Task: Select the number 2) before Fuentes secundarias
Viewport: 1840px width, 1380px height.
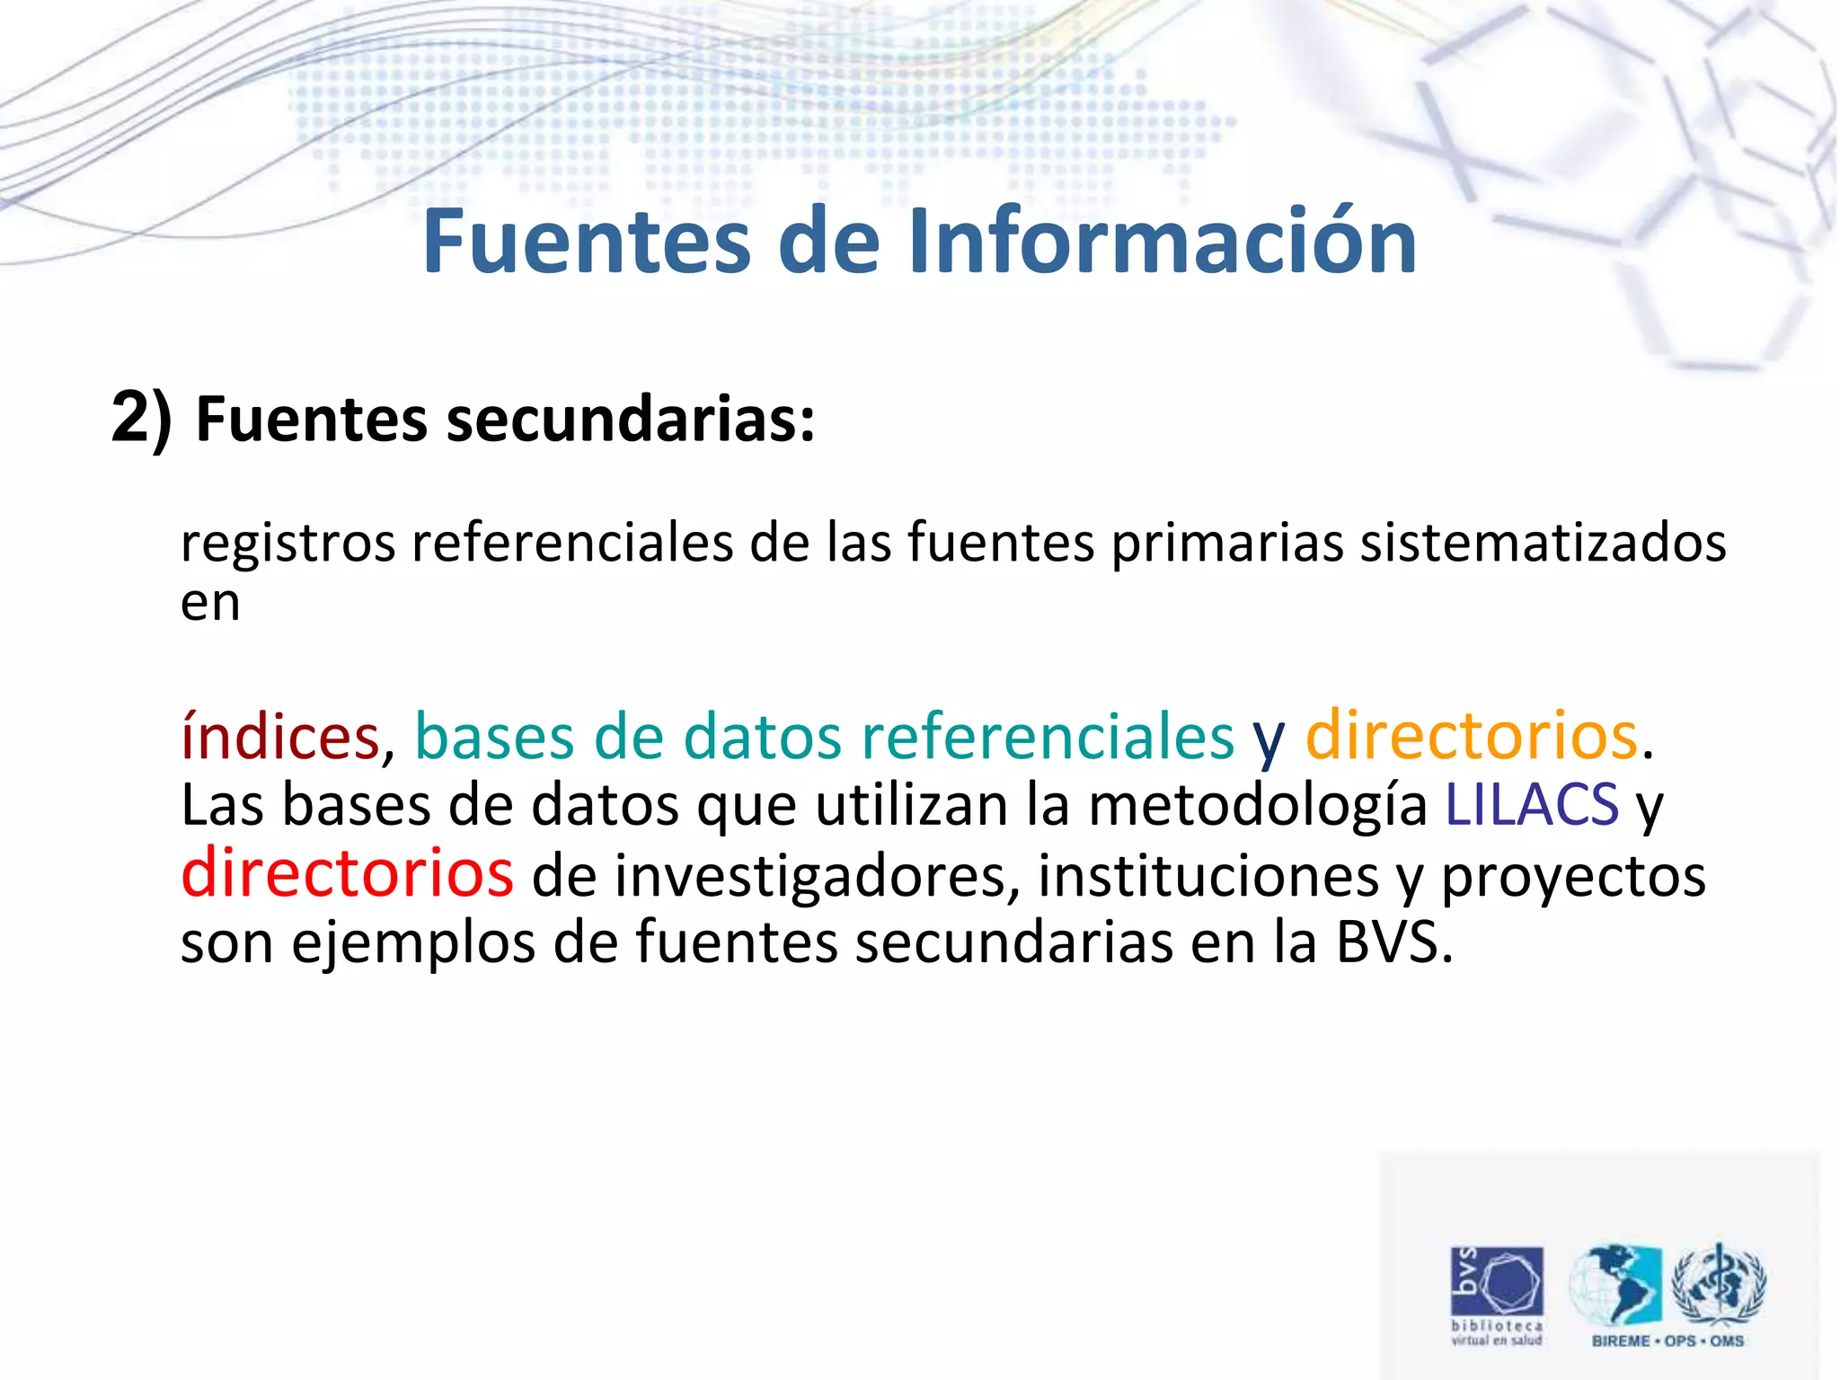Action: pos(141,419)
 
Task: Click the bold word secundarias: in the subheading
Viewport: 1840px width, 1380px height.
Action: pos(631,420)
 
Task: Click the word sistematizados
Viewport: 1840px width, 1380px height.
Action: pos(1543,543)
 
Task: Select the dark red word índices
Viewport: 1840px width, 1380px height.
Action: pos(280,737)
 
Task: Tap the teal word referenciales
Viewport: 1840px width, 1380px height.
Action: pos(1048,737)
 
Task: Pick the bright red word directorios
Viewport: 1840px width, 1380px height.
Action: pos(347,873)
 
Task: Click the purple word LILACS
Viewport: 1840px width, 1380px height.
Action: pos(1531,804)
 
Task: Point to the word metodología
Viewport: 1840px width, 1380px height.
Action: pos(1257,806)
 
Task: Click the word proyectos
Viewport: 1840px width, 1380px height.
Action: pos(1573,876)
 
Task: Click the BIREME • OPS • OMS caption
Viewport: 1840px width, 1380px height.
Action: pos(1667,1340)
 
